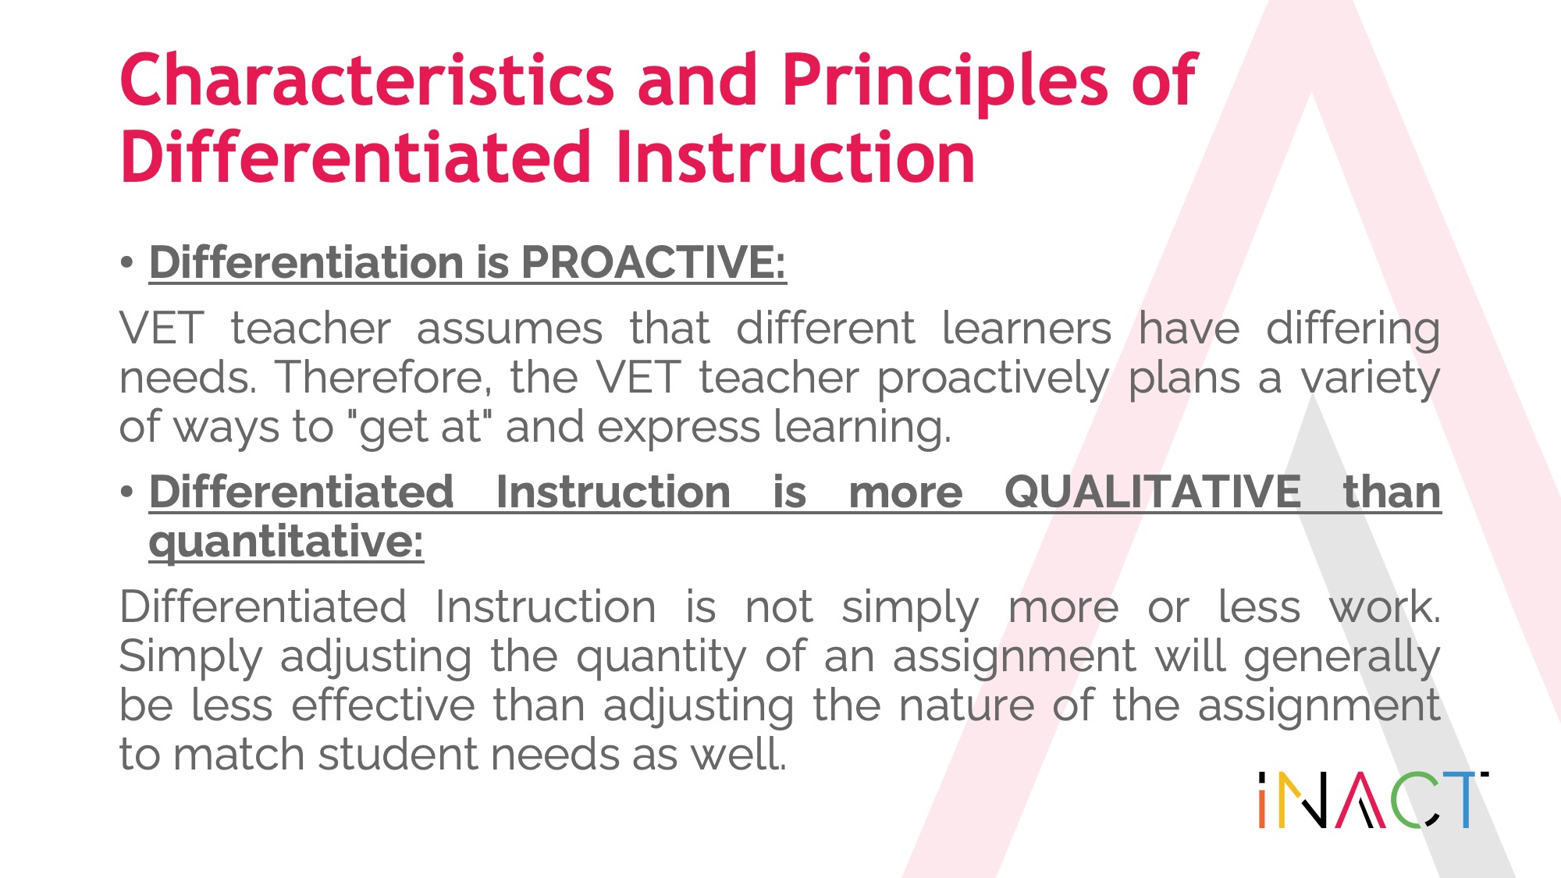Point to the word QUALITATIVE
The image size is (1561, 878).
[1153, 492]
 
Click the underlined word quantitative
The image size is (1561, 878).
[286, 542]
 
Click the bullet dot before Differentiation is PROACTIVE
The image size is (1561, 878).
[127, 263]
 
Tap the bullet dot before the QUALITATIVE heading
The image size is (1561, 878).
[127, 493]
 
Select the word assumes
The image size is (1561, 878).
[510, 328]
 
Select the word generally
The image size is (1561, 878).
[1342, 656]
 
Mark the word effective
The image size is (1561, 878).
[383, 705]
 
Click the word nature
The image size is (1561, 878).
[966, 706]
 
